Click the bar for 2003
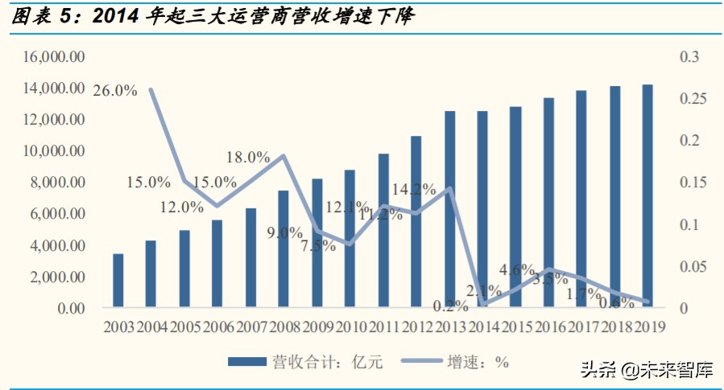(118, 281)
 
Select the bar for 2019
(647, 195)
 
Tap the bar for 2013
(449, 209)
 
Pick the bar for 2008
(283, 248)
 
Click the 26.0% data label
(115, 90)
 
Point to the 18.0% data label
(247, 158)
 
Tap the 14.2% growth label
(414, 190)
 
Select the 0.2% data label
(449, 306)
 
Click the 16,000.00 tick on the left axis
(55, 57)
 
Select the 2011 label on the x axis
(383, 327)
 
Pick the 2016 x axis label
(548, 327)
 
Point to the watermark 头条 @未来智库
(647, 370)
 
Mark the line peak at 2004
(151, 90)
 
